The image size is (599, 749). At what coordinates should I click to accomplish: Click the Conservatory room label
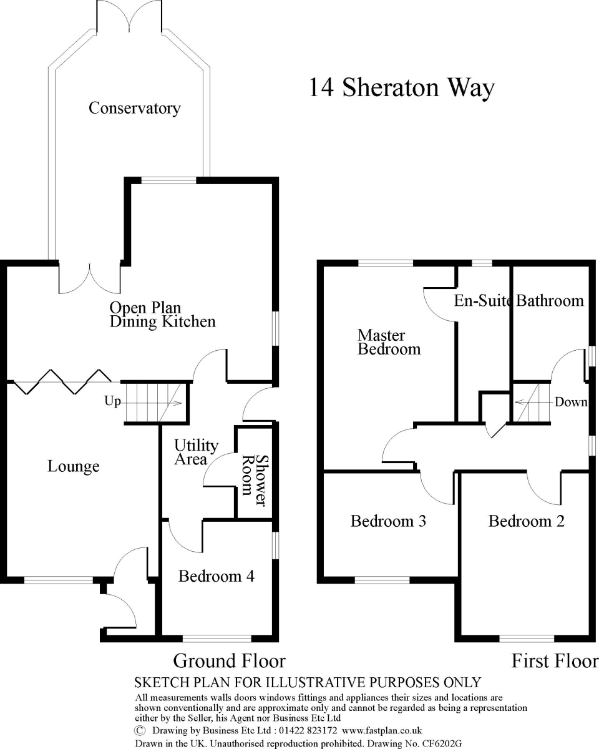[x=134, y=108]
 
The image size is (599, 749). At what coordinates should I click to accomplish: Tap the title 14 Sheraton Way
[x=401, y=87]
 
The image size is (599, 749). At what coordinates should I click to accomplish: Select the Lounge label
[x=74, y=466]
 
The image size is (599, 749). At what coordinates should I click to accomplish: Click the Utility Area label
[x=195, y=453]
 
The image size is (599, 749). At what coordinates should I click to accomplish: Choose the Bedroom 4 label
[x=216, y=575]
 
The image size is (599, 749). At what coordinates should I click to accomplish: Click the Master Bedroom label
[x=389, y=343]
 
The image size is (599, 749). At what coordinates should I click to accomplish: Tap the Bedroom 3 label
[x=388, y=521]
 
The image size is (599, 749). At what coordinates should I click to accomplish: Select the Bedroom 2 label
[x=526, y=521]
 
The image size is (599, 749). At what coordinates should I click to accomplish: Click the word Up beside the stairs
[x=112, y=401]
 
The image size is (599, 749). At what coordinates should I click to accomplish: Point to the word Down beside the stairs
[x=571, y=402]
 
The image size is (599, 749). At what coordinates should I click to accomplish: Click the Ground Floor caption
[x=229, y=660]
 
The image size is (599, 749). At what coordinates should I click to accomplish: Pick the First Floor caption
[x=554, y=660]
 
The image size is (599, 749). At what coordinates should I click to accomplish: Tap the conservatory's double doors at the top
[x=129, y=16]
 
